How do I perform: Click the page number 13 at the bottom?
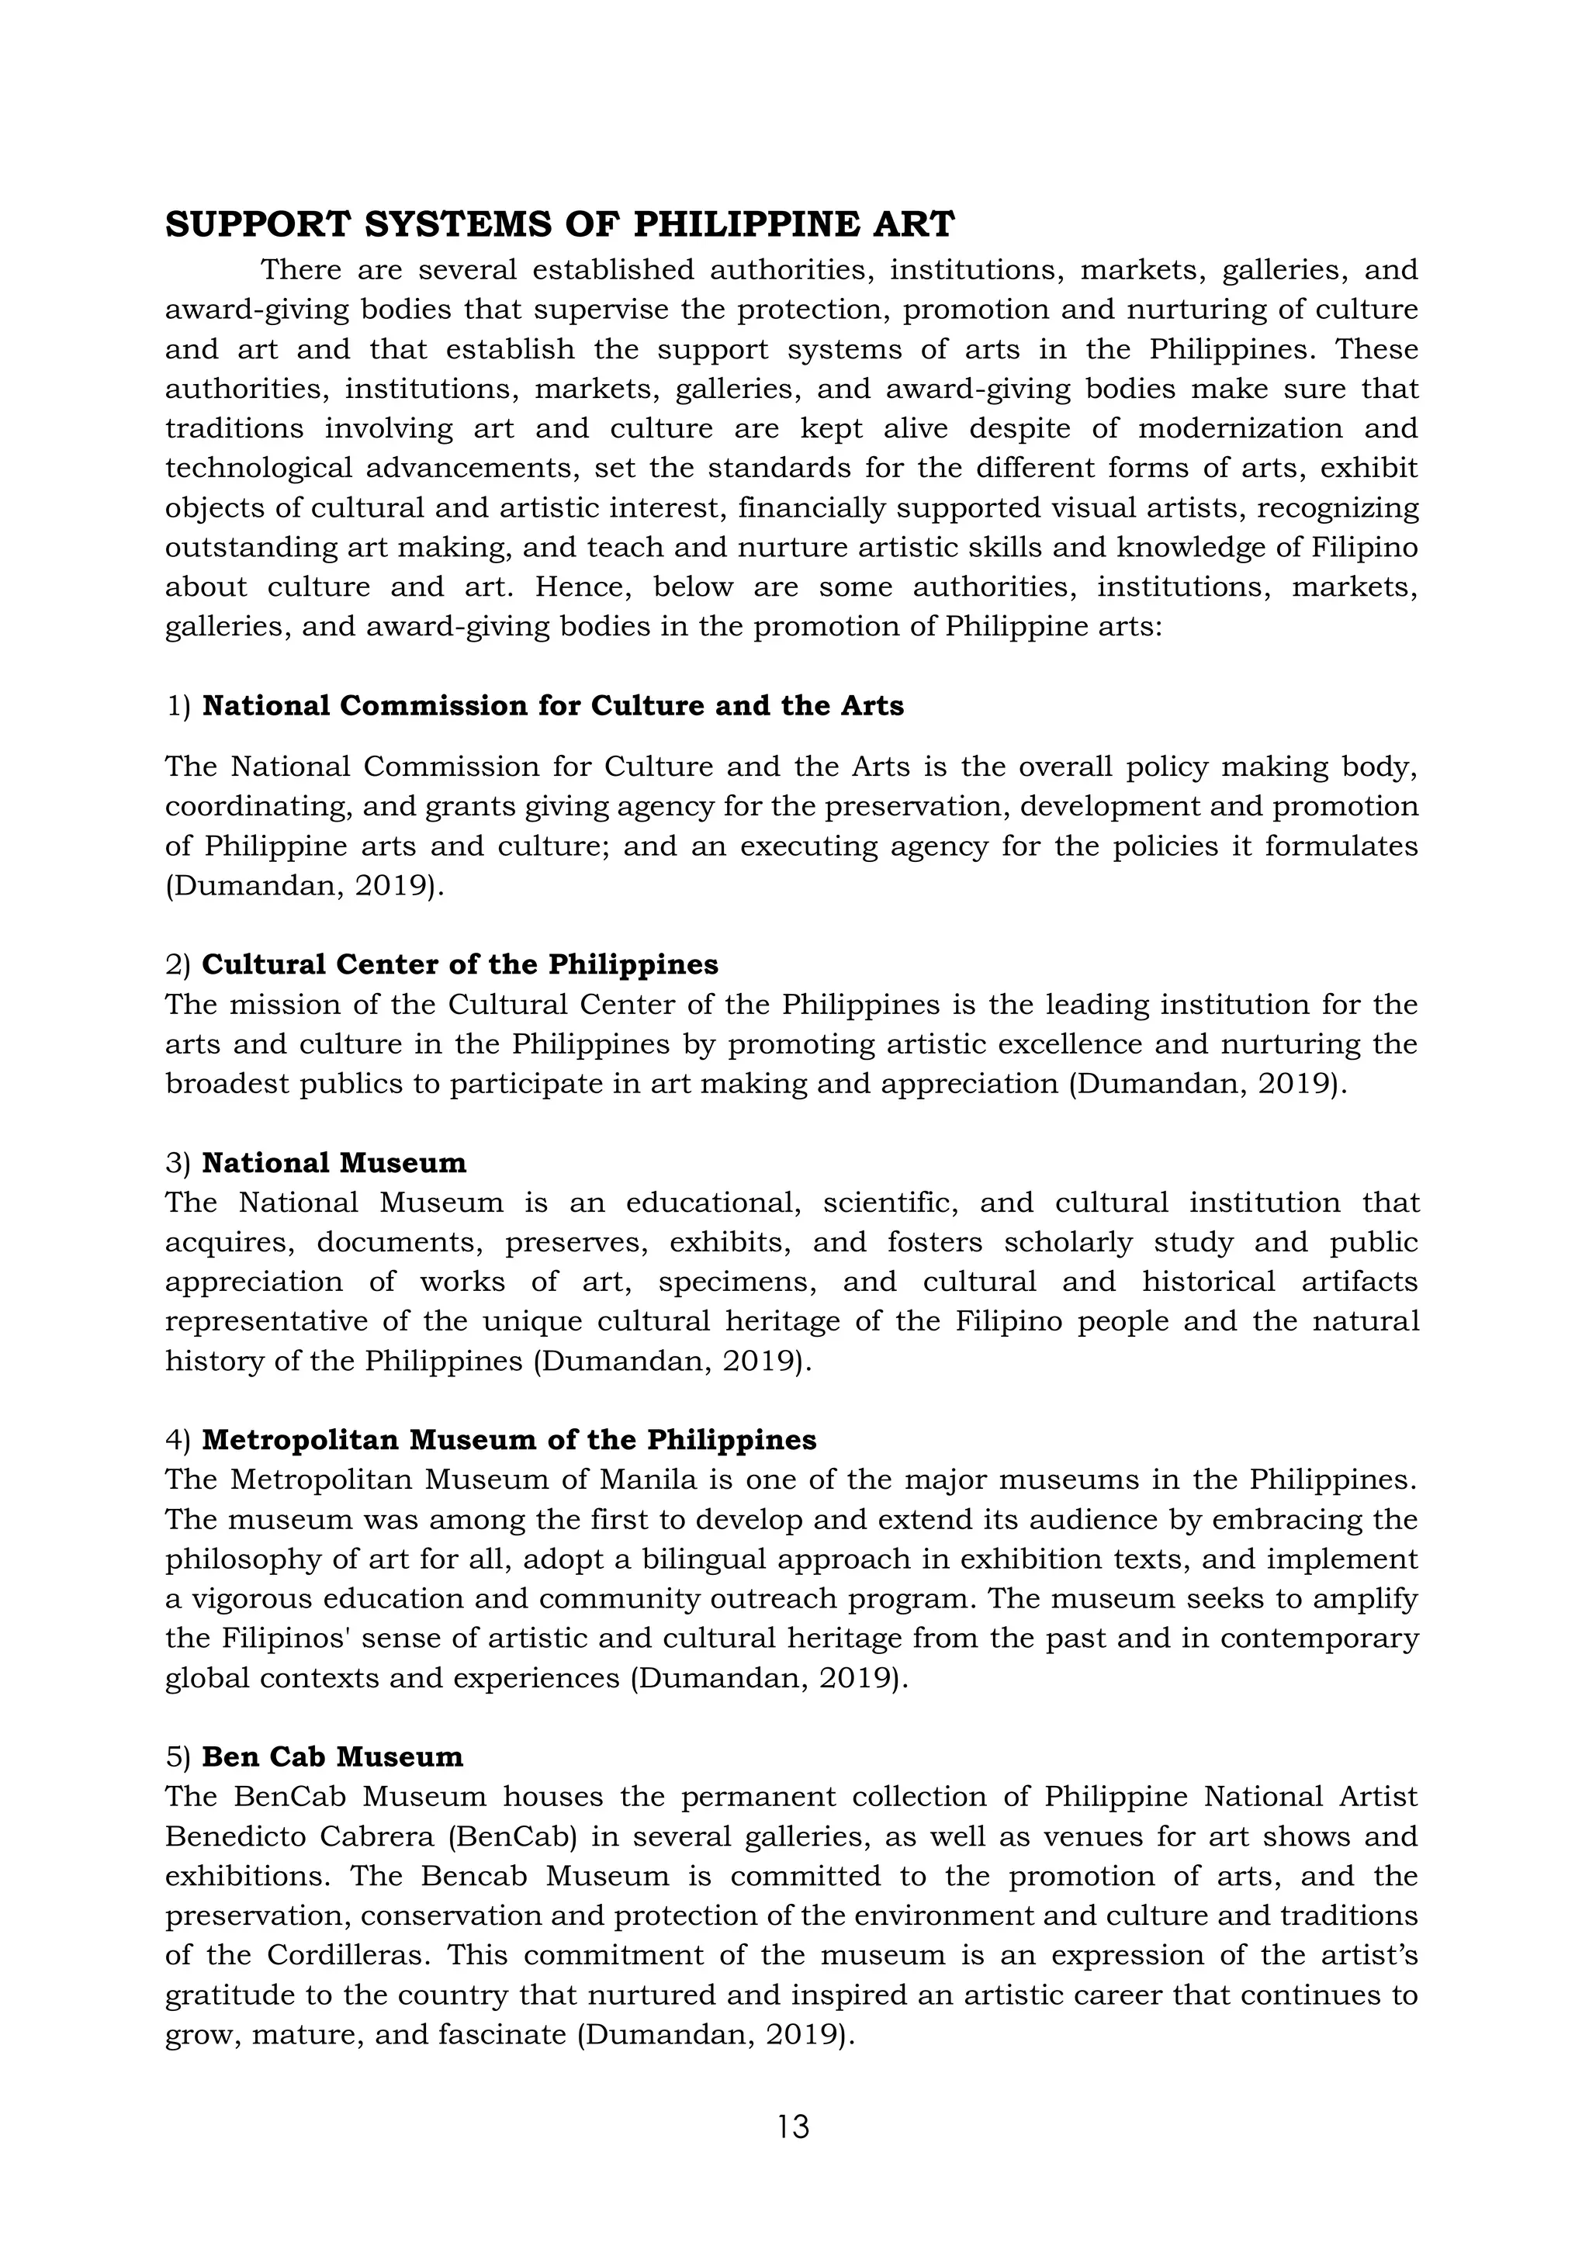point(794,2127)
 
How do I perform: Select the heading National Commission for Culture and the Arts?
point(553,705)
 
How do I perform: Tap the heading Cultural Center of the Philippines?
point(460,964)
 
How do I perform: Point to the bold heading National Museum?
point(334,1163)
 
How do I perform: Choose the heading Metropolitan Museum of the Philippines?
point(509,1440)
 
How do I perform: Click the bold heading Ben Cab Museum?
point(333,1757)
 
